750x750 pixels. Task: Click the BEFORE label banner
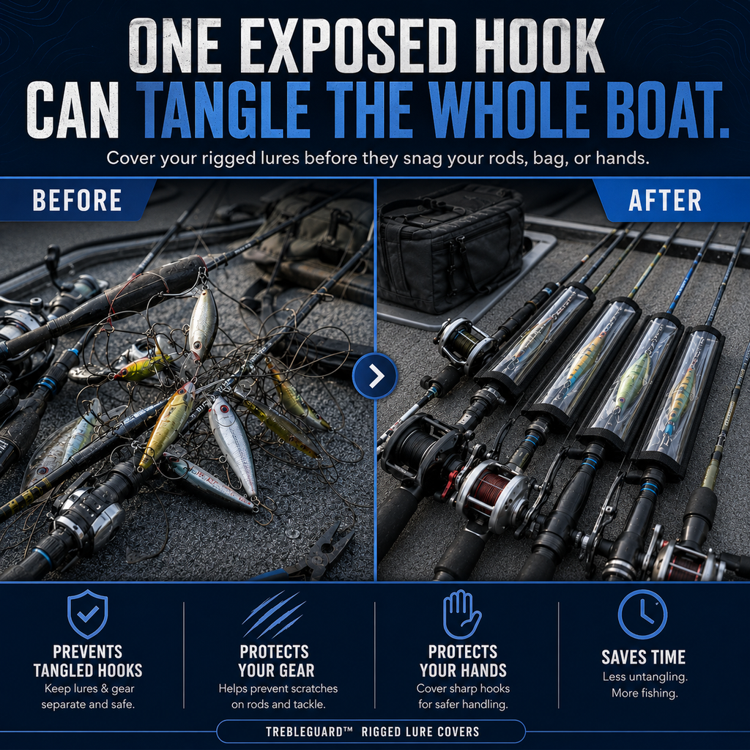click(x=76, y=200)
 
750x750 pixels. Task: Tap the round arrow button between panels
click(x=375, y=376)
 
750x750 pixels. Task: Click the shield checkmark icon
click(x=88, y=614)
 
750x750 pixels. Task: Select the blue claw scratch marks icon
click(x=274, y=615)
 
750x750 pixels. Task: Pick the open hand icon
click(x=461, y=615)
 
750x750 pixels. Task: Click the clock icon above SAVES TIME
click(x=642, y=615)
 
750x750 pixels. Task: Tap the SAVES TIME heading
click(x=643, y=657)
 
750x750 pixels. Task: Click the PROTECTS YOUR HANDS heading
click(x=463, y=661)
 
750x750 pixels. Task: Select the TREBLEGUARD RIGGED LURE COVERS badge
click(x=371, y=732)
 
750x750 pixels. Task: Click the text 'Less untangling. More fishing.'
click(x=645, y=685)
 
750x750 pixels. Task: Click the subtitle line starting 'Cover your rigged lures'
click(x=378, y=158)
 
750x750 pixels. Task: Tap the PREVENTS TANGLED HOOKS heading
click(x=88, y=661)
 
